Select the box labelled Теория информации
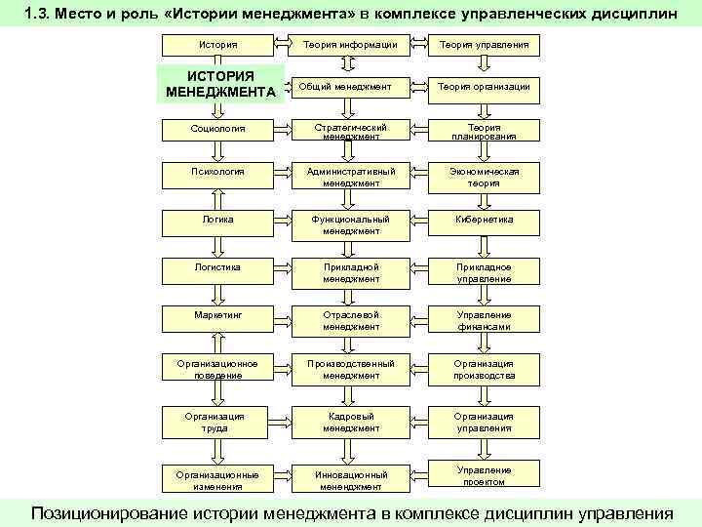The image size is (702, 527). pyautogui.click(x=351, y=45)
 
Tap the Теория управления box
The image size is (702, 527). pyautogui.click(x=485, y=45)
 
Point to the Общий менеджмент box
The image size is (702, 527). pyautogui.click(x=351, y=87)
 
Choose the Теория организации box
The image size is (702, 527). pyautogui.click(x=485, y=87)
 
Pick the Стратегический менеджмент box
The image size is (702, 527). pyautogui.click(x=351, y=132)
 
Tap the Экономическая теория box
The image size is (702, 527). pyautogui.click(x=485, y=177)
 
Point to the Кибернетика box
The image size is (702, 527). pyautogui.click(x=485, y=220)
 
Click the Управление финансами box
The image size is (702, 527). pyautogui.click(x=485, y=320)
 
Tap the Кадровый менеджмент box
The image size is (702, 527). pyautogui.click(x=351, y=421)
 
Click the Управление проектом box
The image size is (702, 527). pyautogui.click(x=485, y=475)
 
